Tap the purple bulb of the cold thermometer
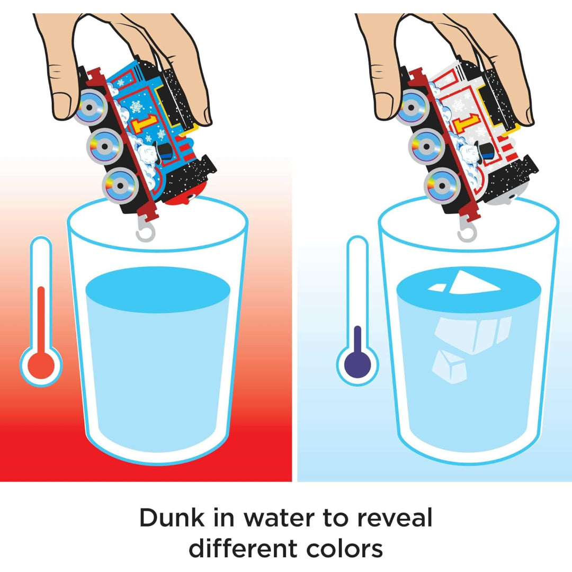358,365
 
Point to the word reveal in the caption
395,517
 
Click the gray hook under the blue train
145,230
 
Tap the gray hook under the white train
467,230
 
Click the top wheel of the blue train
90,107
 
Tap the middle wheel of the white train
426,146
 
